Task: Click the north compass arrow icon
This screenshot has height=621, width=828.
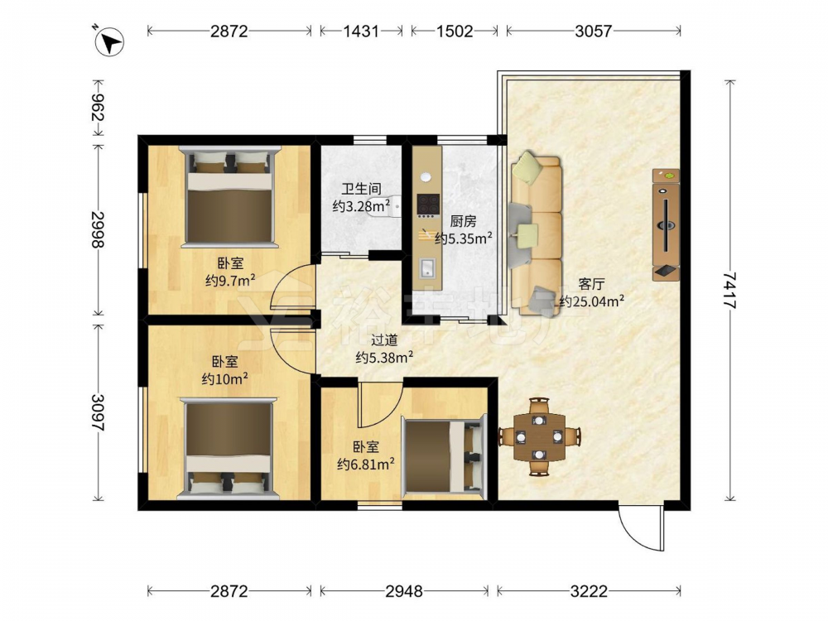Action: (108, 41)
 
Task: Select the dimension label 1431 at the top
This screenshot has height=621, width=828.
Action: (361, 31)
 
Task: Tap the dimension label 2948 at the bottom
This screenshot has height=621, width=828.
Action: (404, 591)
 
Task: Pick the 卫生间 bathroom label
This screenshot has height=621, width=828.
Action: (361, 189)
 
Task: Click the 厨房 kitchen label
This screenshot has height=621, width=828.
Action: (463, 221)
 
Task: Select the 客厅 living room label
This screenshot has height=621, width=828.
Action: (591, 284)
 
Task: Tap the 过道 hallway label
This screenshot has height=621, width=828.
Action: (384, 340)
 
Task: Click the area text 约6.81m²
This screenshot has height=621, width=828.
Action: (366, 465)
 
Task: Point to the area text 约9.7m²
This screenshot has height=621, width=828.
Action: (231, 280)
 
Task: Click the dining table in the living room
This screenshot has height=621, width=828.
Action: (540, 436)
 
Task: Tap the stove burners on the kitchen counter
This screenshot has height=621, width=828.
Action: (428, 205)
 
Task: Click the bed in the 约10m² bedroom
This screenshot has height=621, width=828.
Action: (229, 448)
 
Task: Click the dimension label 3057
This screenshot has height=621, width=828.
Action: (593, 31)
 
